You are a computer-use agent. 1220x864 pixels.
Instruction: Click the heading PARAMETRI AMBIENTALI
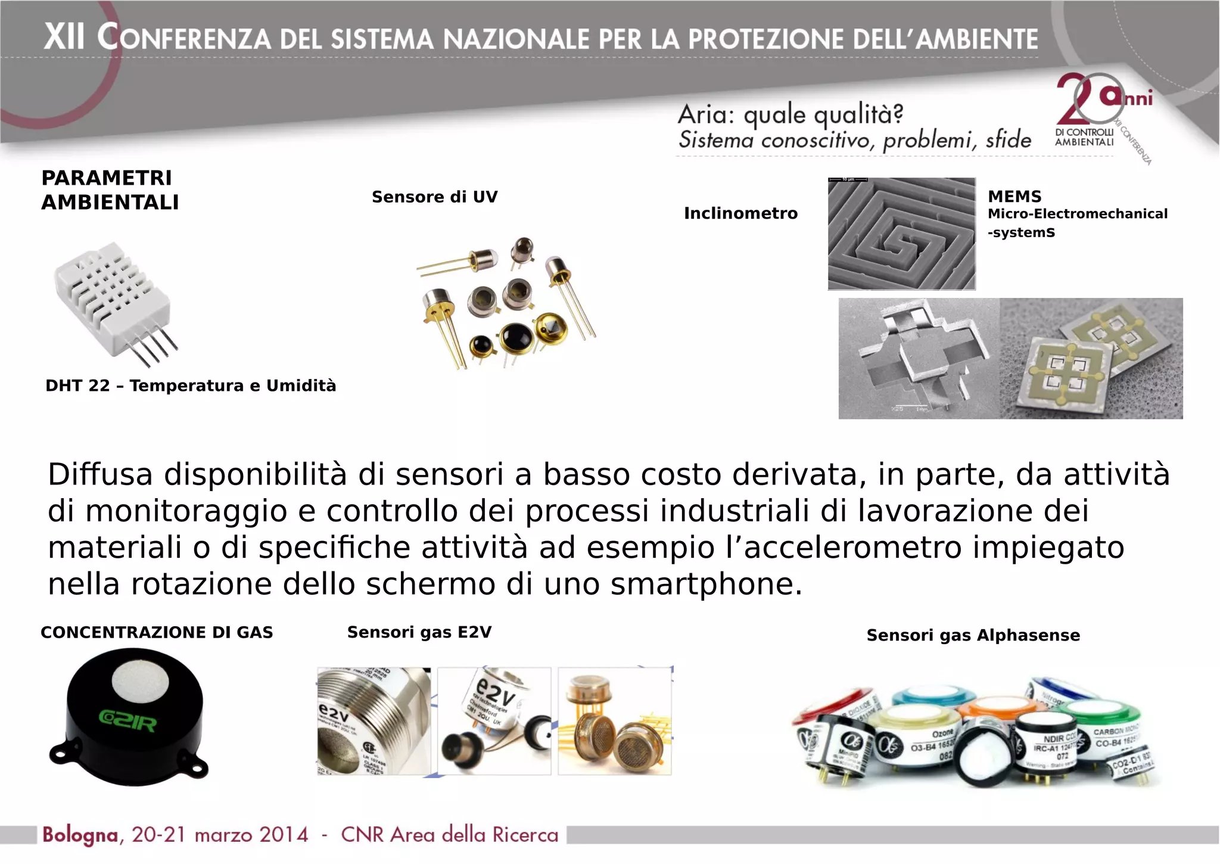pyautogui.click(x=110, y=190)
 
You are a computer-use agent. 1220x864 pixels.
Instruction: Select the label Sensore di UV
pyautogui.click(x=434, y=197)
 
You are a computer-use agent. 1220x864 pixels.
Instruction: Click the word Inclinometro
pyautogui.click(x=740, y=213)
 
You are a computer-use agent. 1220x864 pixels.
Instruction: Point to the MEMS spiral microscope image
pyautogui.click(x=901, y=234)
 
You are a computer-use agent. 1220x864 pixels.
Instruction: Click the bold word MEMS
pyautogui.click(x=1014, y=197)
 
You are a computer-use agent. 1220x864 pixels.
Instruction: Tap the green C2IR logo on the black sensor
pyautogui.click(x=128, y=723)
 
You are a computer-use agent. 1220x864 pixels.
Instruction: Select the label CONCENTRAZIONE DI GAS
pyautogui.click(x=157, y=633)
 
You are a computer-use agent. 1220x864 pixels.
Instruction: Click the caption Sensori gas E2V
pyautogui.click(x=419, y=633)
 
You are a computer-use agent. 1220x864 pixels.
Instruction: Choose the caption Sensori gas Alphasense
pyautogui.click(x=973, y=636)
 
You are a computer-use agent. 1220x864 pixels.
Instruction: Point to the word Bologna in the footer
pyautogui.click(x=80, y=835)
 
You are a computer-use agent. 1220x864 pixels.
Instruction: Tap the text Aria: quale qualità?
pyautogui.click(x=790, y=114)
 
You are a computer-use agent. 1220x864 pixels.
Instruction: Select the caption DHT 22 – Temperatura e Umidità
pyautogui.click(x=191, y=386)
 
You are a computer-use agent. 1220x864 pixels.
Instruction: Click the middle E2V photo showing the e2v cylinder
pyautogui.click(x=494, y=721)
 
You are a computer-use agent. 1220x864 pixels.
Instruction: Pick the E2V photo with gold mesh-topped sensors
pyautogui.click(x=615, y=721)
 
